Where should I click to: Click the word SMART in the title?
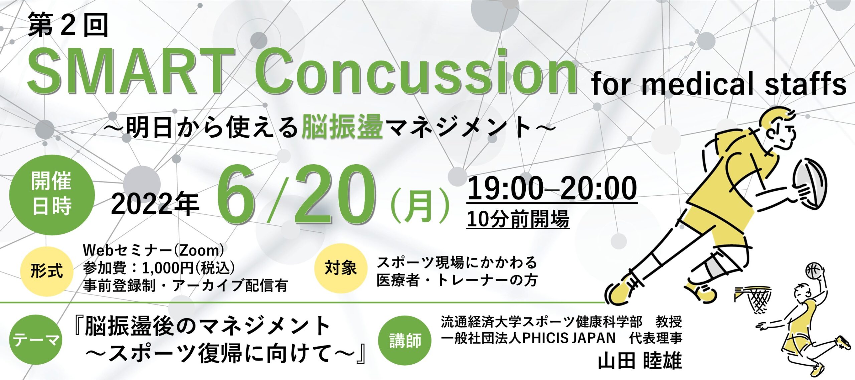click(x=130, y=72)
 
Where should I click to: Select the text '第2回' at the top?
click(x=68, y=25)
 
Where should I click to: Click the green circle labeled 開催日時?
click(x=52, y=195)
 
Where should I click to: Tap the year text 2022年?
click(x=155, y=204)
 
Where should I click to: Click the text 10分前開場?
click(x=518, y=219)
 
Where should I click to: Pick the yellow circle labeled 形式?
click(x=47, y=271)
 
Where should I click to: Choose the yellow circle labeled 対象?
click(x=341, y=268)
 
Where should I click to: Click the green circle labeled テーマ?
click(x=36, y=340)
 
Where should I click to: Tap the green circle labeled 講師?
click(x=405, y=341)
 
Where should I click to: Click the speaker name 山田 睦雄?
click(x=639, y=361)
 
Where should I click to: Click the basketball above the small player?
click(x=814, y=271)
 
